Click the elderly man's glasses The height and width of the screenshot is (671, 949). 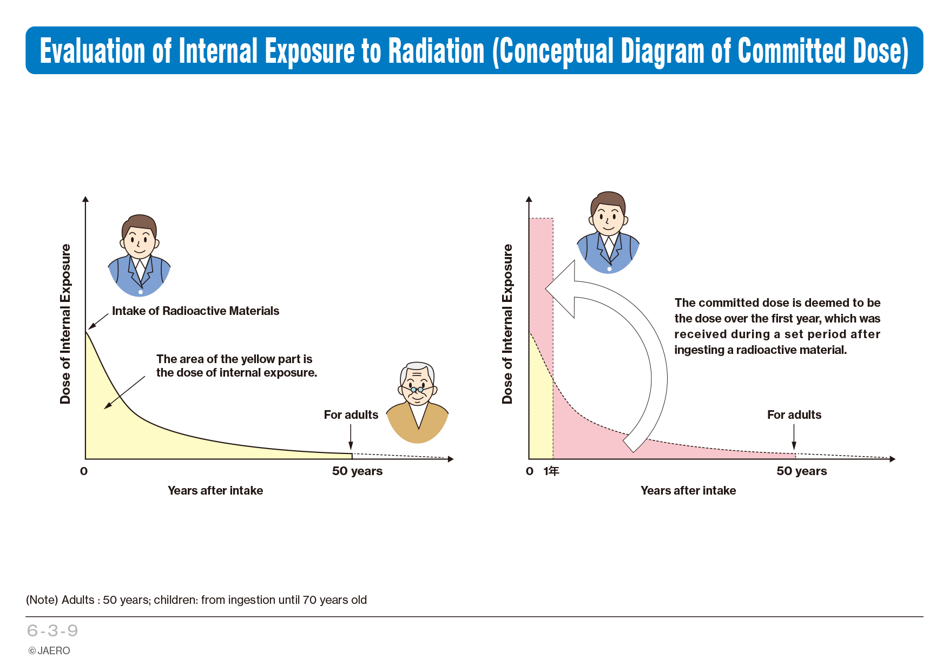pyautogui.click(x=417, y=389)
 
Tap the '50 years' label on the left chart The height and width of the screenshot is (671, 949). pyautogui.click(x=357, y=471)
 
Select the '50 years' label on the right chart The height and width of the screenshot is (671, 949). pyautogui.click(x=801, y=471)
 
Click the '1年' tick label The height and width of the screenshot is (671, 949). pyautogui.click(x=551, y=471)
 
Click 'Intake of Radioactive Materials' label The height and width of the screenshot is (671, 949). pyautogui.click(x=195, y=311)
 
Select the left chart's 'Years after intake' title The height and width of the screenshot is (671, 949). pyautogui.click(x=215, y=490)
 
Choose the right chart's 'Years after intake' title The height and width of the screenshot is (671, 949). pyautogui.click(x=688, y=490)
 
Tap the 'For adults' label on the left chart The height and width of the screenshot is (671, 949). pyautogui.click(x=351, y=415)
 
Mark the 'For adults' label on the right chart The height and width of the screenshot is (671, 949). pyautogui.click(x=794, y=415)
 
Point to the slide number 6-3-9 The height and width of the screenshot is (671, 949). pyautogui.click(x=52, y=630)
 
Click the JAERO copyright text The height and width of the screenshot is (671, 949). pyautogui.click(x=49, y=650)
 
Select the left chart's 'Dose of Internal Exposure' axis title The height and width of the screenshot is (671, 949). pyautogui.click(x=65, y=324)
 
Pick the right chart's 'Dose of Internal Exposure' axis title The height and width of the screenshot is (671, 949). pyautogui.click(x=507, y=324)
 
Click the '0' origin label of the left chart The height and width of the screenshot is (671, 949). pyautogui.click(x=84, y=471)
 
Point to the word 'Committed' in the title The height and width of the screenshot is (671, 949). pyautogui.click(x=792, y=51)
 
